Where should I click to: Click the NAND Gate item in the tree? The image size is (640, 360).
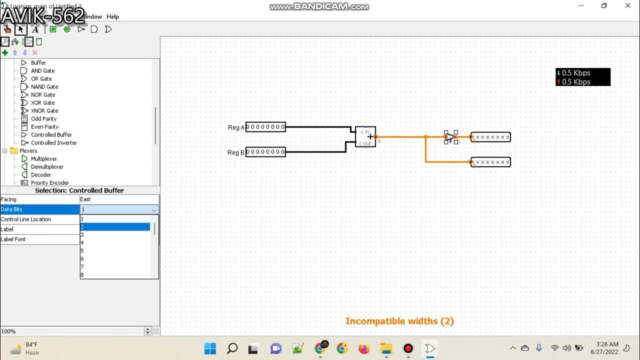(44, 86)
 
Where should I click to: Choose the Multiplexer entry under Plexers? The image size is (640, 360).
(47, 158)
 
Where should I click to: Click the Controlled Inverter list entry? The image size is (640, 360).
(53, 142)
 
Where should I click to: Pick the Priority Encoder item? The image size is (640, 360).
(49, 182)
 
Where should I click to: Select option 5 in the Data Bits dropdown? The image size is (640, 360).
(115, 250)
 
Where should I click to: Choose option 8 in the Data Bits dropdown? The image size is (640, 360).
(115, 274)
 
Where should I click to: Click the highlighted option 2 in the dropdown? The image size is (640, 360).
(115, 226)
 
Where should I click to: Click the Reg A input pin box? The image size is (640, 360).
(265, 127)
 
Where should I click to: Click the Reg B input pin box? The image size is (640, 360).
(265, 152)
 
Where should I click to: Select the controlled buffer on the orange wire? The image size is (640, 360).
(450, 136)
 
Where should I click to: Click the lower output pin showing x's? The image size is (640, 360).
(490, 162)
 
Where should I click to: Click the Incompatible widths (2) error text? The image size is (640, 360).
(399, 321)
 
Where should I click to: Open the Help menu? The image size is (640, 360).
(112, 16)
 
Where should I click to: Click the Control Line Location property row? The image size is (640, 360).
(40, 219)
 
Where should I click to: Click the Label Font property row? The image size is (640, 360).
(40, 239)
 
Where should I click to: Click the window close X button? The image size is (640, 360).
(627, 6)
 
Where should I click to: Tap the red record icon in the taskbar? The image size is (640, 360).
(408, 348)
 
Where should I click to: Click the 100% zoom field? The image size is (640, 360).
(70, 331)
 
